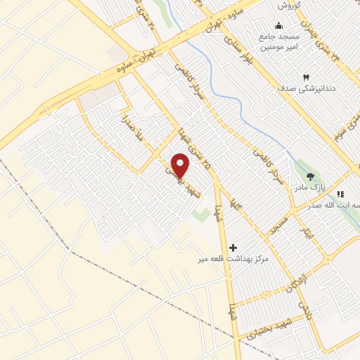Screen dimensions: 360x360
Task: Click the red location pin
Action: (x=181, y=166)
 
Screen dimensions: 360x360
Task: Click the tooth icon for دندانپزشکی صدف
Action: (x=306, y=76)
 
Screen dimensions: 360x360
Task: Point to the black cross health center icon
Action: (x=233, y=247)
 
